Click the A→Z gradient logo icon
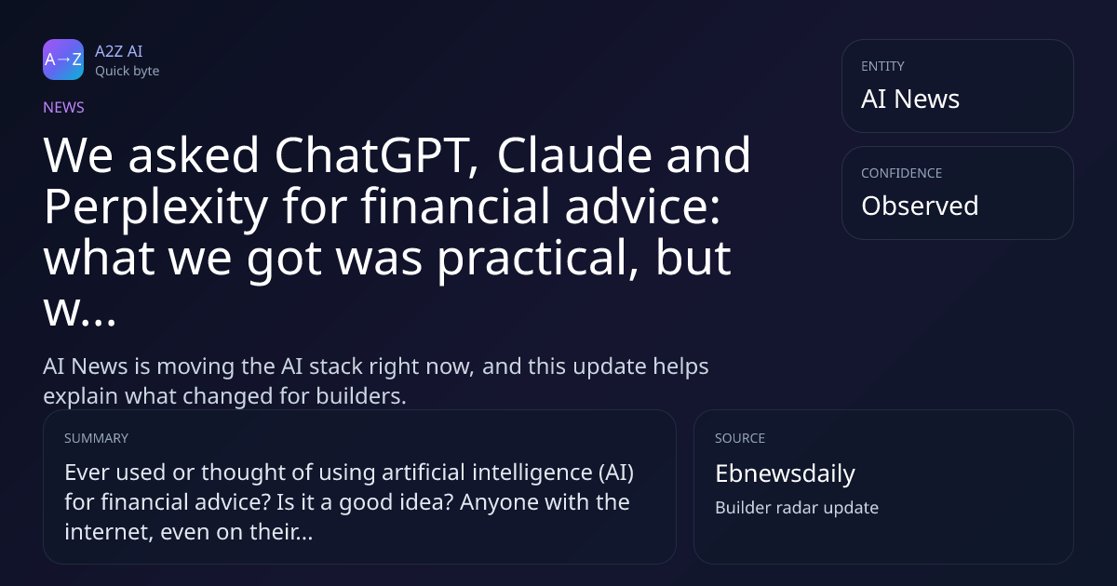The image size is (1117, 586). [x=63, y=60]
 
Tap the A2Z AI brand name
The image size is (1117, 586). [x=119, y=51]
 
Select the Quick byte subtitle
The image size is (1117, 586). [x=128, y=72]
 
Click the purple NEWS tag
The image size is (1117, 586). [x=64, y=108]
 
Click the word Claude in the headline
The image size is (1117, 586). [x=574, y=155]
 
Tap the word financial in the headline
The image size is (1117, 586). [x=455, y=206]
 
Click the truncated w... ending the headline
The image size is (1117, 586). [x=80, y=311]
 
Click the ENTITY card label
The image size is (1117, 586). [x=882, y=66]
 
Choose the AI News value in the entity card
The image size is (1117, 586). [x=910, y=99]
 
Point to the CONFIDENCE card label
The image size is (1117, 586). [x=902, y=173]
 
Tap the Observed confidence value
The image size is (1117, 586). [x=920, y=206]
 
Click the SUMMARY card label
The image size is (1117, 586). [x=96, y=438]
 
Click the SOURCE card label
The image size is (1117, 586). [x=740, y=438]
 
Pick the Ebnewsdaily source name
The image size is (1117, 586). [x=785, y=473]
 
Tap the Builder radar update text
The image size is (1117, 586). [x=797, y=508]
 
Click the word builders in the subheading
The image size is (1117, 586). [x=361, y=396]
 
